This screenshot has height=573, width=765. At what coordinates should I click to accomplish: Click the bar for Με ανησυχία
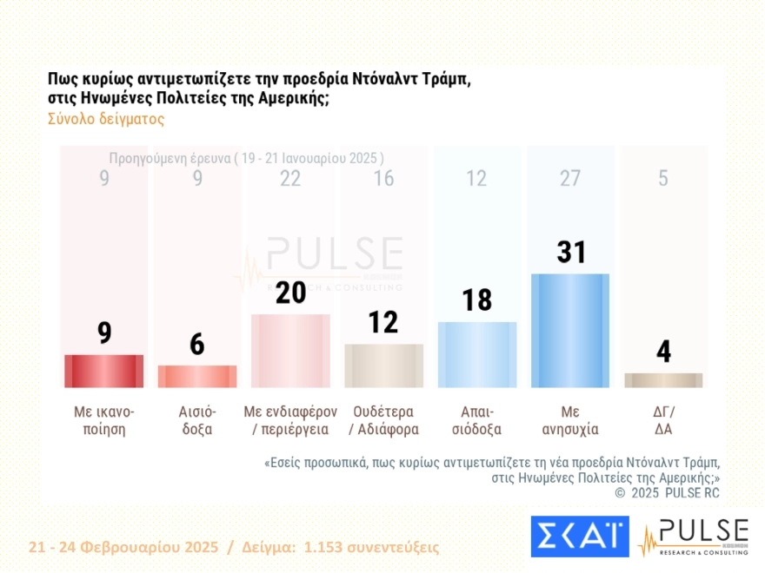tap(569, 330)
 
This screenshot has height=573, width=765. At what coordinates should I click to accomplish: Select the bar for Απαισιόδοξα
tap(476, 354)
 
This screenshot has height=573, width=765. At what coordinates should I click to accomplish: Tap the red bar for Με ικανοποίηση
tap(104, 371)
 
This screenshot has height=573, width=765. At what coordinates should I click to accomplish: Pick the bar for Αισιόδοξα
tap(197, 376)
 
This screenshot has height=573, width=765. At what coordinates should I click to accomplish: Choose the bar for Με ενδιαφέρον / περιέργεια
tap(290, 351)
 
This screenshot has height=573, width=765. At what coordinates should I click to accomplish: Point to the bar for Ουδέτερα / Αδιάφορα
tap(383, 366)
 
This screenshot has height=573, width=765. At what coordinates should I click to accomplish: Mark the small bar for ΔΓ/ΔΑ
tap(663, 380)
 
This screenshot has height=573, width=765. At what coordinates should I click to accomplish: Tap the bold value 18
tap(476, 300)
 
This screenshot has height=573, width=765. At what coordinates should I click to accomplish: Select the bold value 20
tap(290, 293)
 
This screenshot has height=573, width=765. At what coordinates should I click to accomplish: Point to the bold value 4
tap(663, 352)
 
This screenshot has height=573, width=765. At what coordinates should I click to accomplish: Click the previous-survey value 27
tap(569, 179)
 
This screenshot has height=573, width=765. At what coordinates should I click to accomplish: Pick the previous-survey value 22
tap(290, 179)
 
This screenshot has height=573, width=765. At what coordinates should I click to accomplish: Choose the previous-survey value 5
tap(663, 179)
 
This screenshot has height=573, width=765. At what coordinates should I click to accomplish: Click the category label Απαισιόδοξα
tap(476, 420)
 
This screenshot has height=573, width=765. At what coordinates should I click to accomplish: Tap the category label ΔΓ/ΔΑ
tap(663, 420)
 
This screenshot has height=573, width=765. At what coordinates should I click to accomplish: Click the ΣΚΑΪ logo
tap(579, 537)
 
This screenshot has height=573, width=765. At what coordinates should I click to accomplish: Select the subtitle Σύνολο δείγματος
tap(106, 120)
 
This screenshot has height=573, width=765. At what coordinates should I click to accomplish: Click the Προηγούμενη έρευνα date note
tap(246, 158)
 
